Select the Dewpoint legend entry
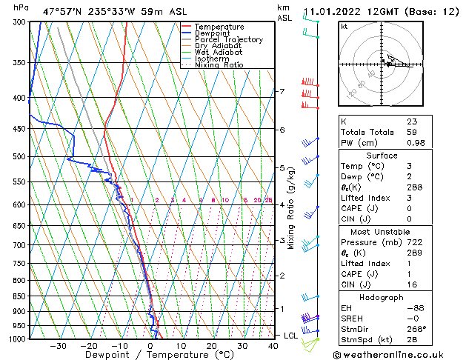pos(215,33)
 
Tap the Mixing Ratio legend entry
pos(219,65)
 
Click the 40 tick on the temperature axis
pos(273,346)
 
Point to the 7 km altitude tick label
pos(282,92)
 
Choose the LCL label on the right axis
pos(292,336)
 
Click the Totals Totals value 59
pos(412,132)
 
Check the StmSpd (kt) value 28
pos(412,339)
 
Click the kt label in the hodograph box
pos(344,26)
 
